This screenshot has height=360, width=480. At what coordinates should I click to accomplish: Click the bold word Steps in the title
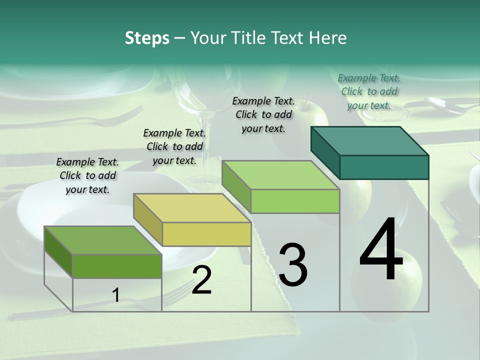(147, 38)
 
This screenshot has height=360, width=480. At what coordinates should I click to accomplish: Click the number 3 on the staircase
(292, 264)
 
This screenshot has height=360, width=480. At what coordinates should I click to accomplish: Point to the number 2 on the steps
(201, 280)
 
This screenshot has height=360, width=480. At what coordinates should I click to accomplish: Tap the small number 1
(116, 295)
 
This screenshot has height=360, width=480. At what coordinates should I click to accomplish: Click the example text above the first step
(87, 175)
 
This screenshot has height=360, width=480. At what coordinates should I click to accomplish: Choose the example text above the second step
(174, 146)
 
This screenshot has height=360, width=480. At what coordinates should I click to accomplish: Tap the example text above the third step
(263, 114)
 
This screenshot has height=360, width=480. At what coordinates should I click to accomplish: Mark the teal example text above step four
(369, 91)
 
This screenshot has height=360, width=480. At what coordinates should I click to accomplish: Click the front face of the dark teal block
(384, 167)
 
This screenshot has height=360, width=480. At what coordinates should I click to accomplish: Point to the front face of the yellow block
(206, 234)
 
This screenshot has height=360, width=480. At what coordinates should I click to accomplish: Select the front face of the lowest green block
(117, 266)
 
